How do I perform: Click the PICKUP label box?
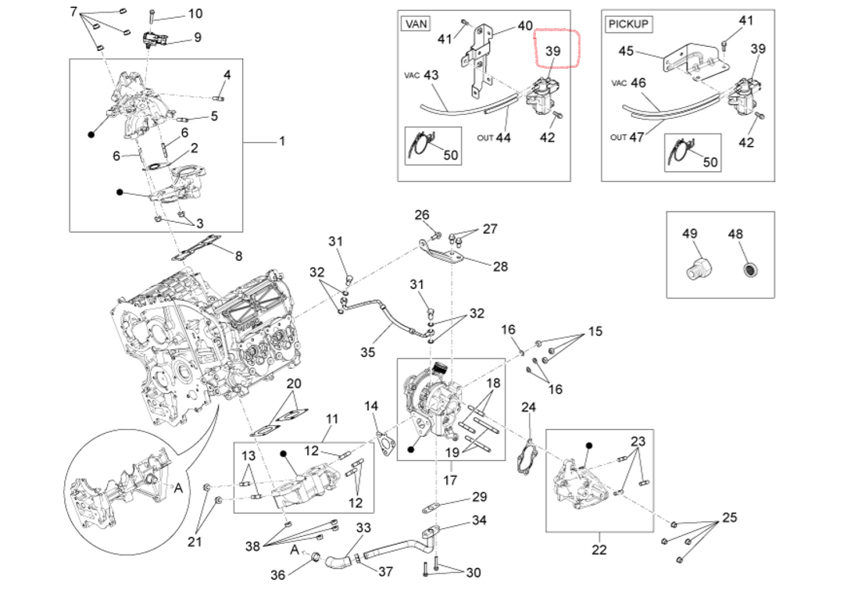(629, 23)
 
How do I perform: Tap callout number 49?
(690, 234)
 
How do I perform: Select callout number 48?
(735, 234)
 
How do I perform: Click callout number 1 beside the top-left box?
(282, 141)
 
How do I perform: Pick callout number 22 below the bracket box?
(599, 549)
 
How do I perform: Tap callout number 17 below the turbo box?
(449, 481)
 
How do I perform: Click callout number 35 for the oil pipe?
(368, 352)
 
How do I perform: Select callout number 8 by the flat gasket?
(238, 256)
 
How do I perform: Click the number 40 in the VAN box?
(525, 26)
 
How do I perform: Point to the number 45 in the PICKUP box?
(626, 52)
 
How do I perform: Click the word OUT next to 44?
(485, 138)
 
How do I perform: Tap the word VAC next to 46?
(619, 83)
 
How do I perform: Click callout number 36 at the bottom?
(278, 574)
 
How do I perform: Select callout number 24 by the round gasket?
(529, 407)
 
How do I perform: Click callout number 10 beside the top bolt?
(195, 13)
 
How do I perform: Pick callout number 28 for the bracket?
(500, 266)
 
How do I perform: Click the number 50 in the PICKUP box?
(710, 162)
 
